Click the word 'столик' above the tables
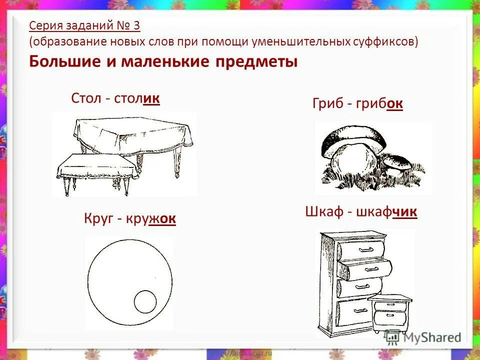tap(137, 98)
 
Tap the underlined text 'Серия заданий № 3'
tap(84, 25)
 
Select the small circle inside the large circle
tap(145, 301)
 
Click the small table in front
tap(95, 167)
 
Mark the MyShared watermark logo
tap(422, 337)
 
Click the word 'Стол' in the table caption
tap(86, 98)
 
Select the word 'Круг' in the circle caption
tap(100, 219)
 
